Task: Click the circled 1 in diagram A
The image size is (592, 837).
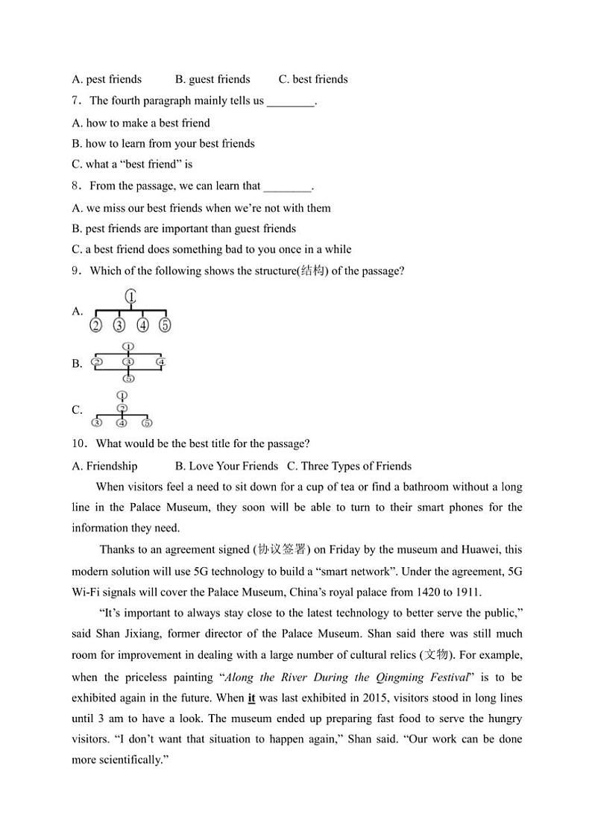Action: pyautogui.click(x=131, y=297)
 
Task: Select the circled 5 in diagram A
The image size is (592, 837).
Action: pyautogui.click(x=166, y=325)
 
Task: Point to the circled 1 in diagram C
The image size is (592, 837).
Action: pyautogui.click(x=122, y=395)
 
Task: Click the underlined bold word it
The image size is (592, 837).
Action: pyautogui.click(x=251, y=698)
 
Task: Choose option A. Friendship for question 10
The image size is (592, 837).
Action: pyautogui.click(x=104, y=466)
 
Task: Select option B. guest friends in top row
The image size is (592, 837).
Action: pyautogui.click(x=212, y=79)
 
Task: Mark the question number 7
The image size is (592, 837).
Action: pyautogui.click(x=75, y=101)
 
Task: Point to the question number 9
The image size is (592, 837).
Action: pyautogui.click(x=75, y=271)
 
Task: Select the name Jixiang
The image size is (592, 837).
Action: pyautogui.click(x=154, y=634)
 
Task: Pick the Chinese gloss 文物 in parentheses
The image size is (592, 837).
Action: pyautogui.click(x=432, y=655)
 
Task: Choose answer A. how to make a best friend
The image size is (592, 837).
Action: pyautogui.click(x=141, y=123)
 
